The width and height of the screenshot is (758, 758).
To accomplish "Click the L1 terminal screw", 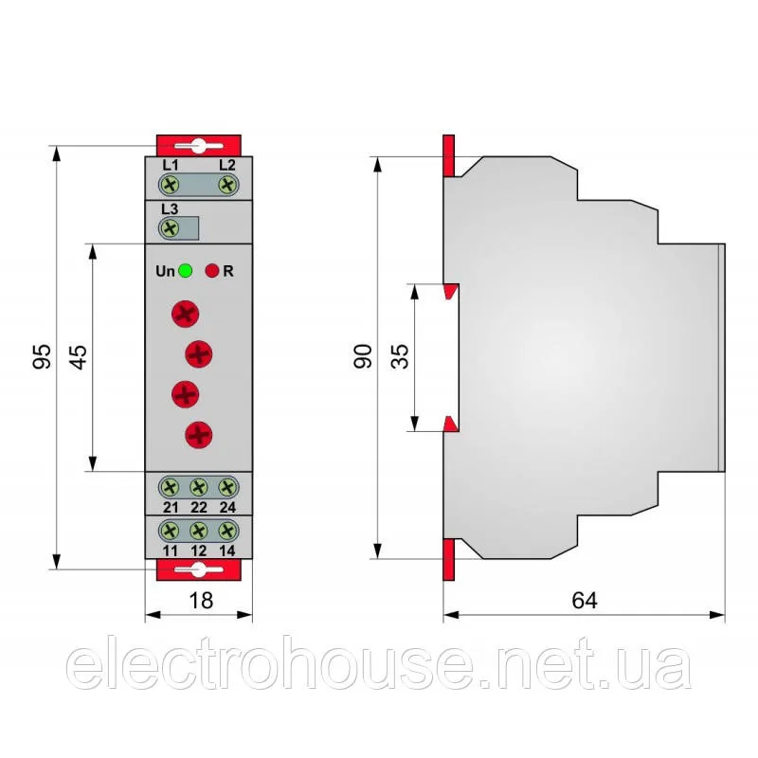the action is [170, 185].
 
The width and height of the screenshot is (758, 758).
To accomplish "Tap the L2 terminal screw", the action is [227, 185].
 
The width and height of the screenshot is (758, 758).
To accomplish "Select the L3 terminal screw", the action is [170, 228].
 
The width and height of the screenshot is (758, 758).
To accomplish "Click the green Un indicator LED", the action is [185, 271].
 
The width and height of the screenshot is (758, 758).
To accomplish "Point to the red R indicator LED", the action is [212, 271].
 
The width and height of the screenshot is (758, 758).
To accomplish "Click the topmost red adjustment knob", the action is [185, 315].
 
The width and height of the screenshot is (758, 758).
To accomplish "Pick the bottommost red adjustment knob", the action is [199, 435].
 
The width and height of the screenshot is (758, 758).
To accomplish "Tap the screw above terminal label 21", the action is [170, 487].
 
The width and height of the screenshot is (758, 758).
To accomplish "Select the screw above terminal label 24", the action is [227, 487].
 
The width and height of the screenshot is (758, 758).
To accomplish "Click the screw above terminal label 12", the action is [199, 531].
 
